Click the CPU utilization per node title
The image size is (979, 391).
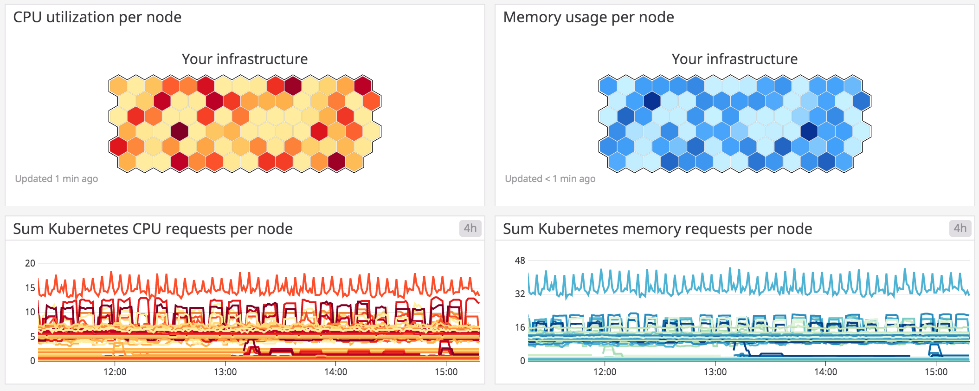[97, 17]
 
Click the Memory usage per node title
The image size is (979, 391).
[588, 17]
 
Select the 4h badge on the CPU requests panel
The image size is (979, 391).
[470, 228]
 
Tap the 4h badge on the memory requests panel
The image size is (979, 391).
[960, 228]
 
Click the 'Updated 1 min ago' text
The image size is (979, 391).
[56, 179]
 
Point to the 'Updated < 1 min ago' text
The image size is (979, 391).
[550, 179]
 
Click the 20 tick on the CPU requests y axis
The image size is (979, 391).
[30, 263]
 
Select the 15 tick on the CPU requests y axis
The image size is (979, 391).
[30, 288]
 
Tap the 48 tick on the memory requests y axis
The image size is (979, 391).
[520, 261]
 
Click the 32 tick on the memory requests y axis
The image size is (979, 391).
[520, 294]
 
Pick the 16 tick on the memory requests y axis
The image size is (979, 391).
[520, 327]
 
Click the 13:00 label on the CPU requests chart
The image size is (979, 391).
[225, 372]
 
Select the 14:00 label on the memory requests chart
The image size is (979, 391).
[825, 372]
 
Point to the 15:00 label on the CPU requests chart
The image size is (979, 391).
[446, 372]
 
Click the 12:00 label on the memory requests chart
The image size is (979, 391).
[605, 372]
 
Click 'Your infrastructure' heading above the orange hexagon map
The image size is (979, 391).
[245, 59]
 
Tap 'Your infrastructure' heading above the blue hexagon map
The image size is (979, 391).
[734, 59]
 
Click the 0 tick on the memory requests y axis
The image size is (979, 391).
[522, 361]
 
